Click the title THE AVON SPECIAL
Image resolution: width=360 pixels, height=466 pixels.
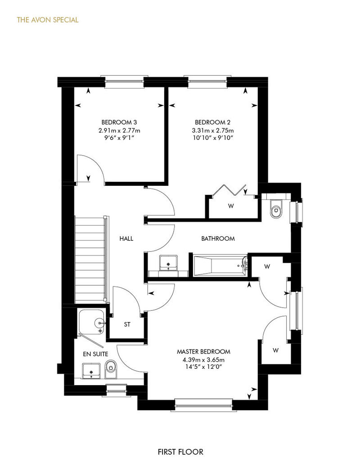[48, 20]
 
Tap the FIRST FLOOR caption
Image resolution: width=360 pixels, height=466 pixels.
[180, 452]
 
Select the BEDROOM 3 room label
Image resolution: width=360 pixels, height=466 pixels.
[119, 122]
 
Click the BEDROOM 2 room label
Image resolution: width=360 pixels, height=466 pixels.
[212, 122]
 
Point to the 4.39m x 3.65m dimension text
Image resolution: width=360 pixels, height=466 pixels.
[204, 359]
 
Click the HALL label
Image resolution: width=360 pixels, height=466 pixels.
[126, 238]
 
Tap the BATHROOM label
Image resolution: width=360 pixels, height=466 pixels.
[218, 238]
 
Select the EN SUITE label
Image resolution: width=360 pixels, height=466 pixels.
[95, 354]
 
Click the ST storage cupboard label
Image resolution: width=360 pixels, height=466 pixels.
[127, 324]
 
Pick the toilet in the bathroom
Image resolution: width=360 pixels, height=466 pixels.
[276, 208]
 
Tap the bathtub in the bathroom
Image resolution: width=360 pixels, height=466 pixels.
[220, 265]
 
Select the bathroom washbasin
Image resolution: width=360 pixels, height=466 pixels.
[168, 263]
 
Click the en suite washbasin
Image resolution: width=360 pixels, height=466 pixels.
[91, 371]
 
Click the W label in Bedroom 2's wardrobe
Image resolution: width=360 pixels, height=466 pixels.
[231, 206]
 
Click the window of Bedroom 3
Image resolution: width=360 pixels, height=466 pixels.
[124, 82]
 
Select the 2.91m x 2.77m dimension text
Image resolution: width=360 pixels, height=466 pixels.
[119, 130]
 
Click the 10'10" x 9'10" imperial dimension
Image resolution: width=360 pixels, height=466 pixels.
[212, 138]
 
